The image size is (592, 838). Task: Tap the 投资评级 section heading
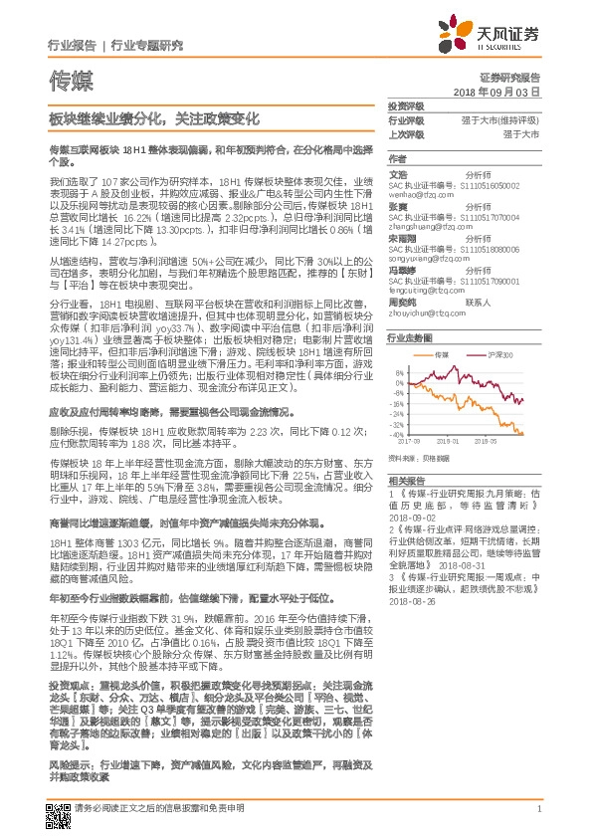(x=405, y=105)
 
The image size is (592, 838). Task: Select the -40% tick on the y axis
(x=397, y=434)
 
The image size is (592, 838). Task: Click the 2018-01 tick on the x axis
(x=448, y=440)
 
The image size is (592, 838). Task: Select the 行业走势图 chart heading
(x=408, y=338)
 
